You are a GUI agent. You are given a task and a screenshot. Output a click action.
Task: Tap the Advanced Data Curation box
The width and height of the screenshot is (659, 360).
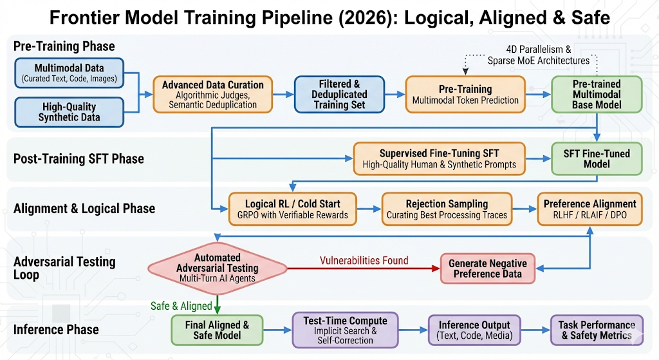(212, 94)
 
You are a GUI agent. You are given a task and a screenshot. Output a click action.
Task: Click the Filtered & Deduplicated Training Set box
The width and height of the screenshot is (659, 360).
(340, 94)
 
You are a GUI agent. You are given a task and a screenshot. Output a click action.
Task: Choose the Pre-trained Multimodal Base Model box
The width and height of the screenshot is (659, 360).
(596, 94)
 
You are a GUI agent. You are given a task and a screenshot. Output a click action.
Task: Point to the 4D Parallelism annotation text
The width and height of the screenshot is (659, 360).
(539, 55)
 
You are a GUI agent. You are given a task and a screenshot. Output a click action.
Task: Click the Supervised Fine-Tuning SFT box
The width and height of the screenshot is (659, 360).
(439, 158)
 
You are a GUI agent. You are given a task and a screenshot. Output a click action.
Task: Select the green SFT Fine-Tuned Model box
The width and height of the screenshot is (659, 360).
(596, 158)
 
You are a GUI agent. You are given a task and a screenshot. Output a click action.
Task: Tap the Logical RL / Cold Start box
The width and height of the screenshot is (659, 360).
(293, 209)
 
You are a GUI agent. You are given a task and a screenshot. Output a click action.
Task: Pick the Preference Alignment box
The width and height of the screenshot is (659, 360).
(589, 209)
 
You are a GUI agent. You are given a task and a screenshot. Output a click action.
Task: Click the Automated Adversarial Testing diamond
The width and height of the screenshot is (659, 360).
(218, 267)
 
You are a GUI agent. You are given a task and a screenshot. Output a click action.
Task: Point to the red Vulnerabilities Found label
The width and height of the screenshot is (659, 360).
(364, 260)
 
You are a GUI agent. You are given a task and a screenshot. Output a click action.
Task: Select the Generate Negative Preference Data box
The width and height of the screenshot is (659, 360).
(487, 268)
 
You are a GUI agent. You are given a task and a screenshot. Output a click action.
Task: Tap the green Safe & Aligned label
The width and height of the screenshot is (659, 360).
(181, 305)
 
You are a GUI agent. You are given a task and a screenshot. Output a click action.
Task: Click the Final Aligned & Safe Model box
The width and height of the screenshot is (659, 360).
(218, 330)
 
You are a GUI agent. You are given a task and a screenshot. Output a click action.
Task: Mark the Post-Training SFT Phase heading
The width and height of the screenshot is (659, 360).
(79, 159)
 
